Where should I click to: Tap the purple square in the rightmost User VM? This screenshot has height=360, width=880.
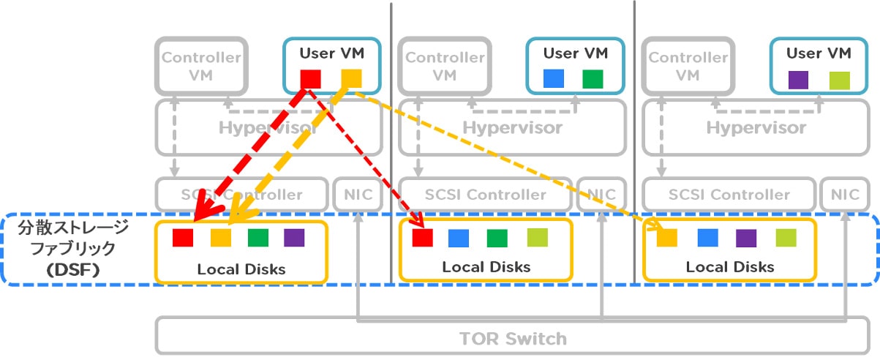coord(798,79)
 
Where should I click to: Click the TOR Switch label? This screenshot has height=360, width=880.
coord(513,339)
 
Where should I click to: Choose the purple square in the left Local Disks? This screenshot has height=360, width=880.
coord(294,238)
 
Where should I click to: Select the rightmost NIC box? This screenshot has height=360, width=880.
coord(845,194)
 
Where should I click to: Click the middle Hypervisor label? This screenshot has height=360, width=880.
coord(512,127)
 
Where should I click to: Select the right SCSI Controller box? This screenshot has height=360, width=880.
coord(729,194)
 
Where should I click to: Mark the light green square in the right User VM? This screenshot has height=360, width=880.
coord(839,79)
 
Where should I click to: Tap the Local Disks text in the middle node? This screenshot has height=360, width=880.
coord(486,266)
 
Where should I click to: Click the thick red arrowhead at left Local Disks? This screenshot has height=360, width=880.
coord(199,214)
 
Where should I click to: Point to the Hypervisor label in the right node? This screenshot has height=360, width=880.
coord(756,127)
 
